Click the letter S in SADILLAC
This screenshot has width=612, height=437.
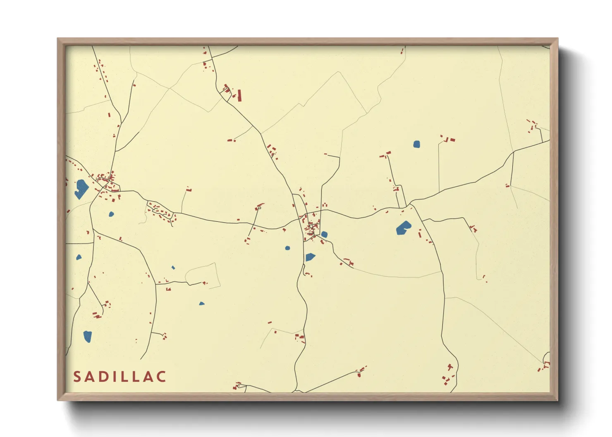(77, 377)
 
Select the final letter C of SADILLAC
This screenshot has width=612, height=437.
(161, 377)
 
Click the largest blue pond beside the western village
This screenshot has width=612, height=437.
(81, 188)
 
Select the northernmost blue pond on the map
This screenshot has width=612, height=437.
(416, 144)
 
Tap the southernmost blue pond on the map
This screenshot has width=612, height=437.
(87, 337)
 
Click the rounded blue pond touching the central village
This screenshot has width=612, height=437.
(324, 234)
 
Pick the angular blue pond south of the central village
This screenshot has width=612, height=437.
(310, 257)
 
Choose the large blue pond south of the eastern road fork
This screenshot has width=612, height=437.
(403, 228)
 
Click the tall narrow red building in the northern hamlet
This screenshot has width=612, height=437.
(239, 95)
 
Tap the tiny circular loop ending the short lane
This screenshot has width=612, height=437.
(259, 209)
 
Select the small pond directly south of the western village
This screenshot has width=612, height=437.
(111, 214)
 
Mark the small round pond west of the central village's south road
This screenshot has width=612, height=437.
(287, 248)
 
